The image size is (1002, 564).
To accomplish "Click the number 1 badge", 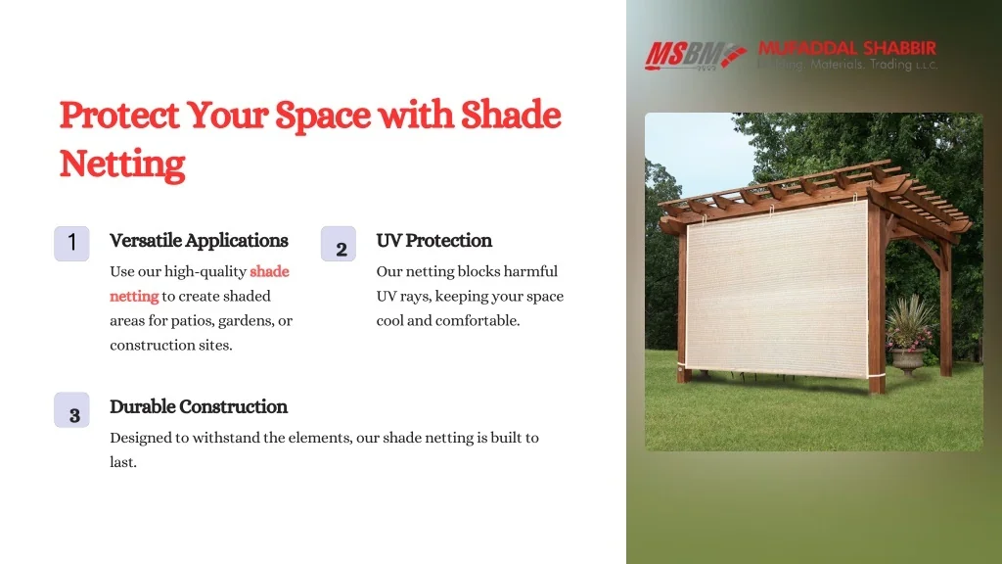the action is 71,243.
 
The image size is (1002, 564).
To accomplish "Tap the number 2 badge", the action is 338,244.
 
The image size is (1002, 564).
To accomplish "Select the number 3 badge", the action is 71,410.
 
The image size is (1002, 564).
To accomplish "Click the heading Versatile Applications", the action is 199,241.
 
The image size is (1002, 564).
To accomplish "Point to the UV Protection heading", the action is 433,241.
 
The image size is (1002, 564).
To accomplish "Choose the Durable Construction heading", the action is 199,406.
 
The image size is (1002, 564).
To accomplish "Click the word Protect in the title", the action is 119,116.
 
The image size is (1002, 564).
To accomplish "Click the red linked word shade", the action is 269,272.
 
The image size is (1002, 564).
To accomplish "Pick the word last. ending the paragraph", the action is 123,462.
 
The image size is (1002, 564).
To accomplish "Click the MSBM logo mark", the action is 696,56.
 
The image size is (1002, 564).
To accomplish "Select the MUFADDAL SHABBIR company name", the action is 847,49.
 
